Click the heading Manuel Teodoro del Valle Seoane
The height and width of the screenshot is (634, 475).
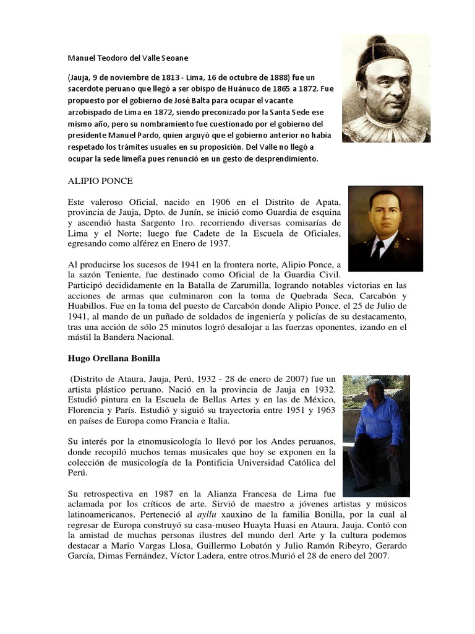click(x=127, y=58)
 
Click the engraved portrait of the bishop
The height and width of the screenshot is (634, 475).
click(x=386, y=88)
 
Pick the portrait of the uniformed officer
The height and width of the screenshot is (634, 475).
click(x=385, y=228)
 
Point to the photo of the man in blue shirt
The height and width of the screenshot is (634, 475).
click(x=376, y=435)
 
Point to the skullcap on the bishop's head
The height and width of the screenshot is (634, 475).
click(x=378, y=48)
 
